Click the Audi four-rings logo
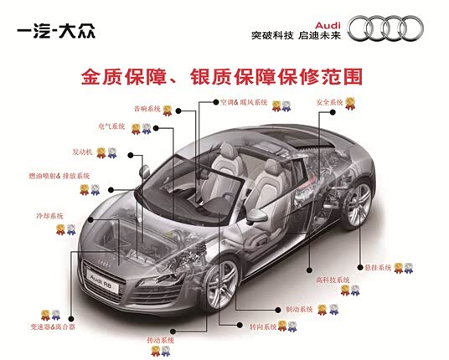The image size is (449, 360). (x=391, y=28)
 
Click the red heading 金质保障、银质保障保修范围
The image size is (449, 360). (x=223, y=76)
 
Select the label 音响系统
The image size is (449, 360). (x=147, y=109)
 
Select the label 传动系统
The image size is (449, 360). (x=160, y=341)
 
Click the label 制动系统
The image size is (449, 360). (x=299, y=309)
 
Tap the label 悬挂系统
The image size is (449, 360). (x=378, y=268)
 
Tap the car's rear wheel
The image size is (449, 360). (x=359, y=203)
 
